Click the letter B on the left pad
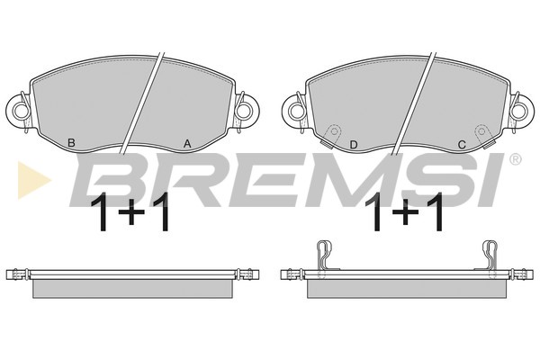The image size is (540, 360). click(x=71, y=142)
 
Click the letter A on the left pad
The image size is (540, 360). click(x=187, y=143)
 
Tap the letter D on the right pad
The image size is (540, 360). click(x=354, y=145)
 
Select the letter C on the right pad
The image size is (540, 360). click(x=462, y=145)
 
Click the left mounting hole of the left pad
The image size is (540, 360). click(x=21, y=111)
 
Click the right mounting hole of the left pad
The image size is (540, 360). click(x=244, y=111)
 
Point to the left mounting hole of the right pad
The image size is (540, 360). click(x=296, y=112)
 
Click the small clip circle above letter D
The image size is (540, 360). click(x=333, y=131)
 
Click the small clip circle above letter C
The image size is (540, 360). click(x=481, y=131)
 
